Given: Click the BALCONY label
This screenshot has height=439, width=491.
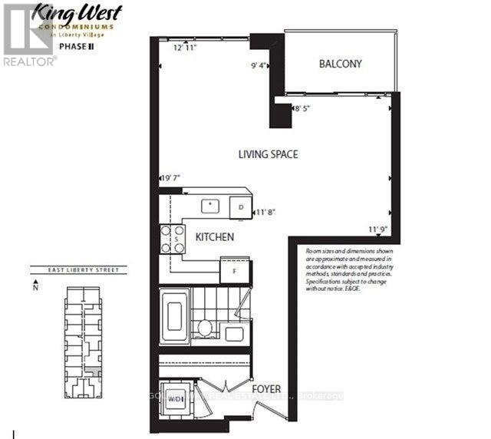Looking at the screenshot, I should pos(341,64).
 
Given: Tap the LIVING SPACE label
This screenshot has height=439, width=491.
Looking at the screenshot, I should pos(267,154).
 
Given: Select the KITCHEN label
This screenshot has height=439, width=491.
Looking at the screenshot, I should pos(214,238).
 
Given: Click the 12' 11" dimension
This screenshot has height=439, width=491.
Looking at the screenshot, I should pos(186,48).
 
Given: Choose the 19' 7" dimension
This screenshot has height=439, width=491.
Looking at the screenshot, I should pos(170,179).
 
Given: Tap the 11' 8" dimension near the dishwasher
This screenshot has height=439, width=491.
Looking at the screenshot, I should pos(265,212).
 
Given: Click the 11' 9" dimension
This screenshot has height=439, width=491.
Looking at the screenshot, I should pos(379,228).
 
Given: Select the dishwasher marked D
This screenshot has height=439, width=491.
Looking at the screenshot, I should pos(240,206).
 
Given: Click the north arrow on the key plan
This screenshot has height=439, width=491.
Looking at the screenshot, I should pos(35,289).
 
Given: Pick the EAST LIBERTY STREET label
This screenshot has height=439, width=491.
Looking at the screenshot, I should pos(68,270).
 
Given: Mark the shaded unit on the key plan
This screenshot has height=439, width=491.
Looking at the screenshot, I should pos(92,373).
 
